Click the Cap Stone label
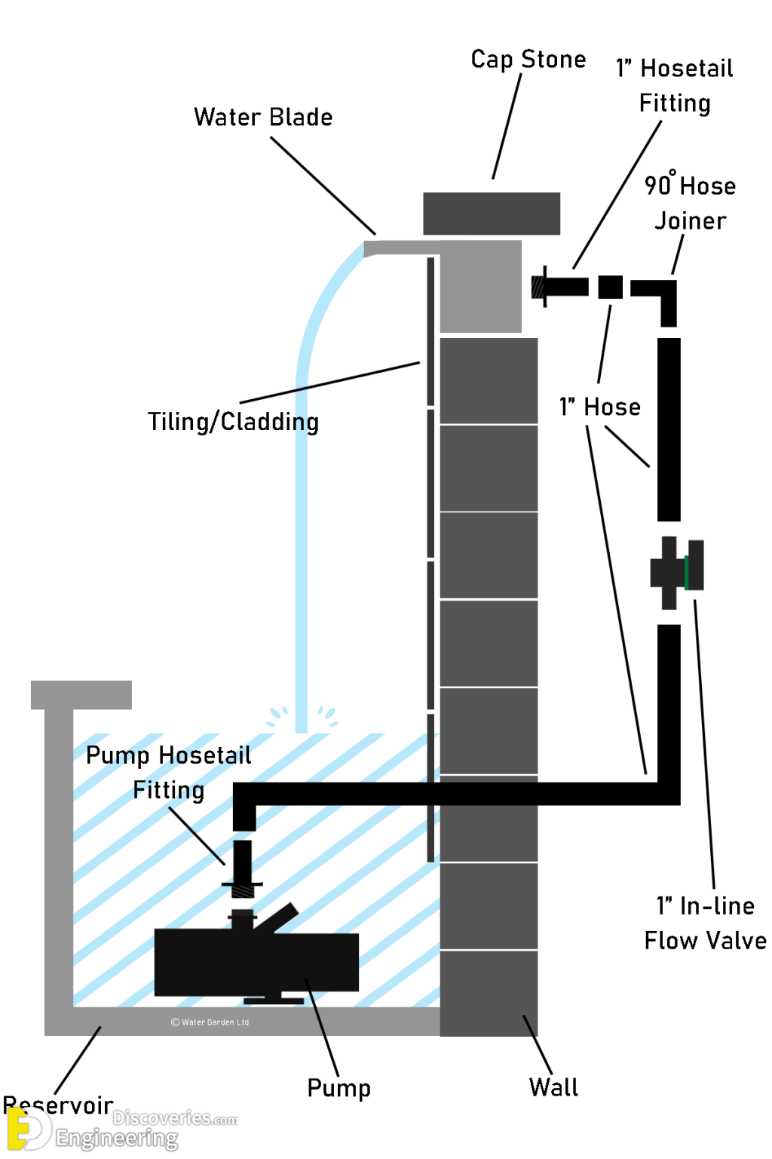[528, 59]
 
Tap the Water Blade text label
[263, 117]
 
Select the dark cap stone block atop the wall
[492, 214]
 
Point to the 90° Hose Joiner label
[690, 203]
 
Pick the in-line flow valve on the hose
[676, 573]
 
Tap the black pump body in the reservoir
[256, 961]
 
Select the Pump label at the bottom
[339, 1087]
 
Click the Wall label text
[553, 1087]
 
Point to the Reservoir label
[58, 1105]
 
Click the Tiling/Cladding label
[233, 421]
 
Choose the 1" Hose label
[600, 407]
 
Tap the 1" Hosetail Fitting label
[675, 85]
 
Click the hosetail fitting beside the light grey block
[559, 287]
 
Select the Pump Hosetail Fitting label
[168, 772]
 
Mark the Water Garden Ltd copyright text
[210, 1022]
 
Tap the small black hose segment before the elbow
[611, 287]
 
